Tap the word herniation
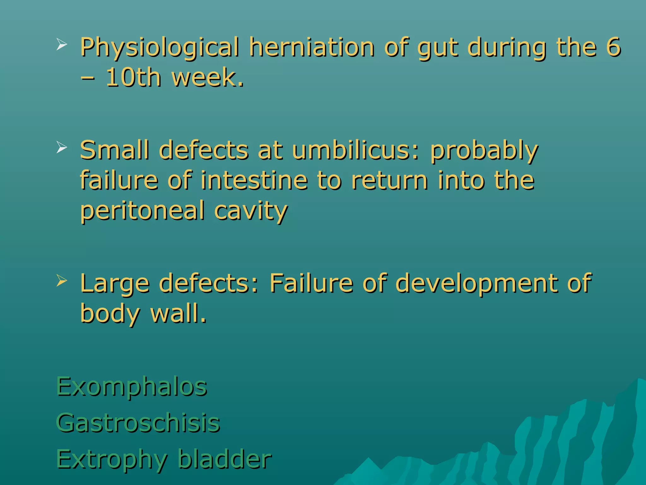tap(312, 47)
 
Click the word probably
tap(484, 151)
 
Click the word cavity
tap(251, 211)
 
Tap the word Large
tap(115, 283)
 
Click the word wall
tap(178, 313)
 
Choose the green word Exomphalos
tap(132, 387)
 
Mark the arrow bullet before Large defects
tap(62, 280)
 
